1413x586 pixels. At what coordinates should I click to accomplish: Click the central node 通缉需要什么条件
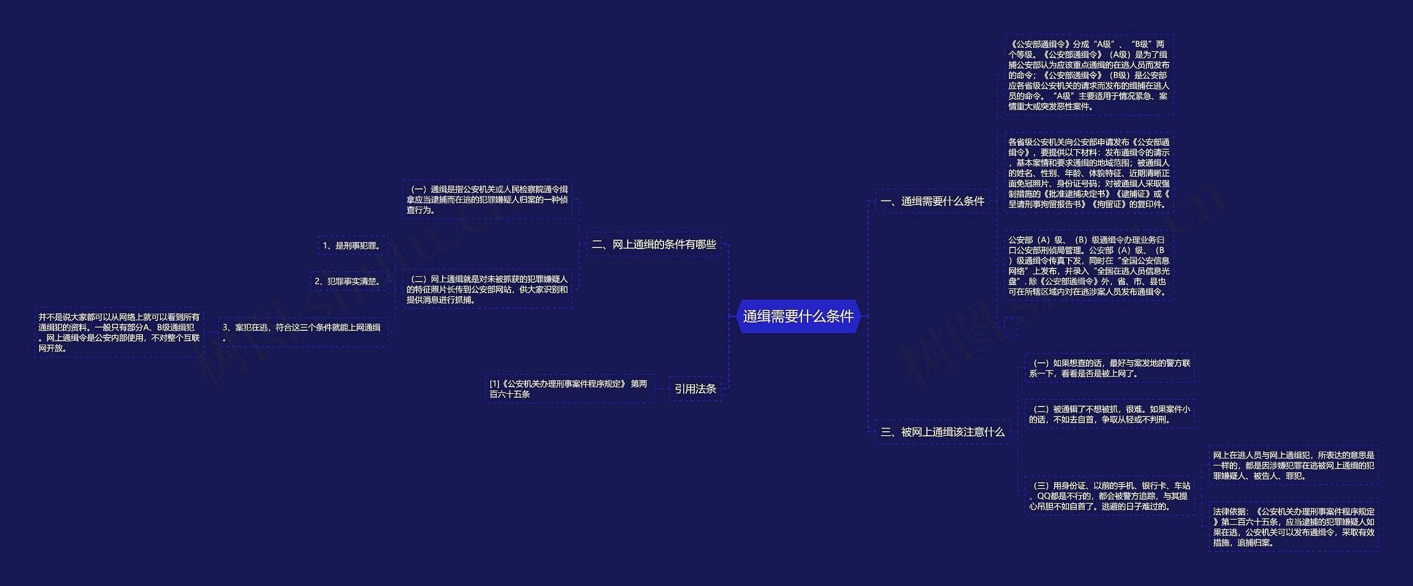point(798,316)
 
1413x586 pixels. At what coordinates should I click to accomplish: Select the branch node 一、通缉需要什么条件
point(932,202)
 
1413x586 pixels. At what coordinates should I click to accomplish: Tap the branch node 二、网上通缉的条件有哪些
point(654,244)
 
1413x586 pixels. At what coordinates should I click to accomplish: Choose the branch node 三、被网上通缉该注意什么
point(942,432)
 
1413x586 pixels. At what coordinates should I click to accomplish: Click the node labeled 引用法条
point(695,389)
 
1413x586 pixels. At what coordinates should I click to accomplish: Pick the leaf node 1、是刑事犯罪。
point(353,246)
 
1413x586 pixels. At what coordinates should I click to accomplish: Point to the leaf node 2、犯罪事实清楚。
point(348,281)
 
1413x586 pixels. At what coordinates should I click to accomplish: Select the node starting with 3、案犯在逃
point(302,332)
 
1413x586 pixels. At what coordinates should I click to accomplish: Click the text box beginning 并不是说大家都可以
point(119,332)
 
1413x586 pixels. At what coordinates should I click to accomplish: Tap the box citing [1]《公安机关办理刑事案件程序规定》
point(569,389)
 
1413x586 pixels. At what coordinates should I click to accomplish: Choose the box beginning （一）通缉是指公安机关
point(487,199)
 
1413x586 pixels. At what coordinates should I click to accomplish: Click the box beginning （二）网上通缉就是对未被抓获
point(487,289)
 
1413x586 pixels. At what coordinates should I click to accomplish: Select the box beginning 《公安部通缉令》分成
point(1088,75)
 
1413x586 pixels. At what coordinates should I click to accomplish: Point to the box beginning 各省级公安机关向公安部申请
point(1088,173)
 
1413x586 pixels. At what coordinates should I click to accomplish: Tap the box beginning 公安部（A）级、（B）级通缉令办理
point(1088,266)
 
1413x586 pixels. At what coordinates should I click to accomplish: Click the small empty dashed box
point(1011,326)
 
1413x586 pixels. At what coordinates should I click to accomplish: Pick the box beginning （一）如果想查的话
point(1109,368)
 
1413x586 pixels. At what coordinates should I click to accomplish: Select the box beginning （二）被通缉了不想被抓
point(1109,414)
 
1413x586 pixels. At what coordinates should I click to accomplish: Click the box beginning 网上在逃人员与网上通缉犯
point(1293,465)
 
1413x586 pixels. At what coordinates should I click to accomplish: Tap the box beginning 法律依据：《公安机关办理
point(1293,527)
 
